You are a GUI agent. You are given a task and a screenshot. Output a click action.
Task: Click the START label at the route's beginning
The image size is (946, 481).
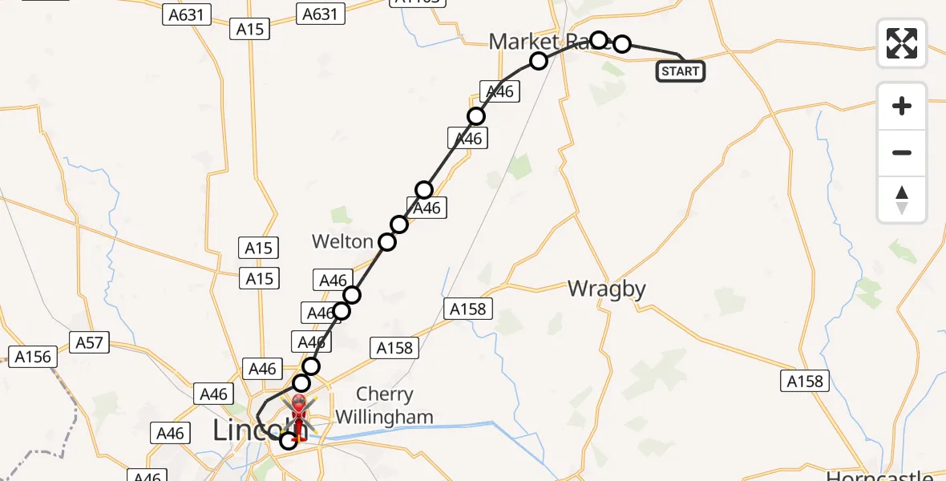click(x=681, y=71)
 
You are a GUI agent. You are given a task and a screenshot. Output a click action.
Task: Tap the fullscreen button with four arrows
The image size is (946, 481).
click(x=902, y=42)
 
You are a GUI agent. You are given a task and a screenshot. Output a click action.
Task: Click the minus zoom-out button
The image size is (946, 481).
click(x=902, y=152)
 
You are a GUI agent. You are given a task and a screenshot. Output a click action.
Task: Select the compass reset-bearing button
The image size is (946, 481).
click(x=902, y=200)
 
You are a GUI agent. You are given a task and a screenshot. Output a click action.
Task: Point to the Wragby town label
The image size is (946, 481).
click(x=607, y=289)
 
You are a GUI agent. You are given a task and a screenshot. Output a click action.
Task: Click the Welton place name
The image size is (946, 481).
click(x=342, y=241)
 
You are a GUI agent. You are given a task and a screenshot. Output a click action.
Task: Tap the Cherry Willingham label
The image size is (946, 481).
click(x=385, y=406)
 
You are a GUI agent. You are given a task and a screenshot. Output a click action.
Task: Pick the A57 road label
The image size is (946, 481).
click(x=90, y=343)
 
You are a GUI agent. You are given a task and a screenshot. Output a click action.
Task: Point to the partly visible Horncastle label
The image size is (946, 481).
click(x=879, y=475)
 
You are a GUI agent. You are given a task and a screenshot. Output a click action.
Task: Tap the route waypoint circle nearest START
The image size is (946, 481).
click(x=622, y=44)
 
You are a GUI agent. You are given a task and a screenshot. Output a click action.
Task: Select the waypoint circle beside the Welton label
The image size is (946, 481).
click(x=387, y=242)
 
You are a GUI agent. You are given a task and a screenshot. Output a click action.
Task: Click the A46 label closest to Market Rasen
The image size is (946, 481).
click(x=499, y=91)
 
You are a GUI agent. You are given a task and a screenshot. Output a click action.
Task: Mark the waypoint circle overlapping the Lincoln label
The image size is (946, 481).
click(x=288, y=440)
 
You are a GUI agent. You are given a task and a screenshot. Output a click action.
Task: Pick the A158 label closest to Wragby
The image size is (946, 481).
click(x=469, y=308)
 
